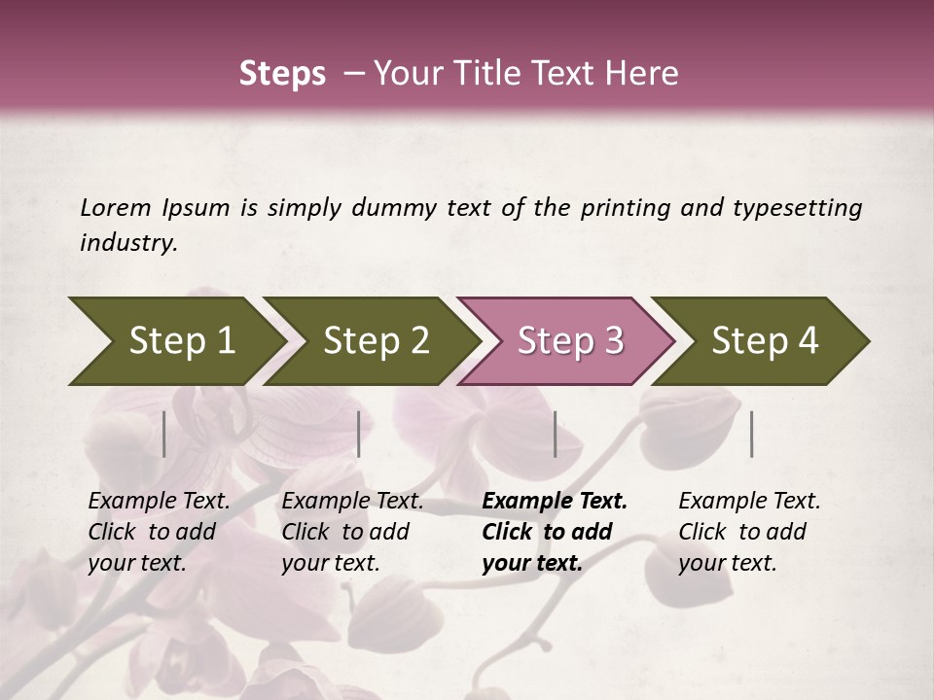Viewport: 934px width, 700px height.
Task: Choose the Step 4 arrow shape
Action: point(763,341)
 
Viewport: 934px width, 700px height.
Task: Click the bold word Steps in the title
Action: point(282,74)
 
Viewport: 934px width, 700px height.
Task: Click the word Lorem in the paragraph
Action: point(116,207)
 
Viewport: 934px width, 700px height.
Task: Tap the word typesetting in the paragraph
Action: point(797,207)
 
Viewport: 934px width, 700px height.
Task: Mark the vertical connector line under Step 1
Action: point(164,434)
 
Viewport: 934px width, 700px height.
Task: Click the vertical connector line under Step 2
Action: point(359,434)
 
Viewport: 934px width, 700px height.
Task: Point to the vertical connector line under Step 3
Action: point(555,434)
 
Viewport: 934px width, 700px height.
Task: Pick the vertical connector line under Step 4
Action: point(752,434)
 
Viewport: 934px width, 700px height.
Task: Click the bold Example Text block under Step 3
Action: point(553,532)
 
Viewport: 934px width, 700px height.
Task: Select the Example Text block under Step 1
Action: point(158,532)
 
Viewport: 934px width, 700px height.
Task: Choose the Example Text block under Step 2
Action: point(351,532)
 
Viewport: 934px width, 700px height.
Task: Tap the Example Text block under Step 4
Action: point(748,532)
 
